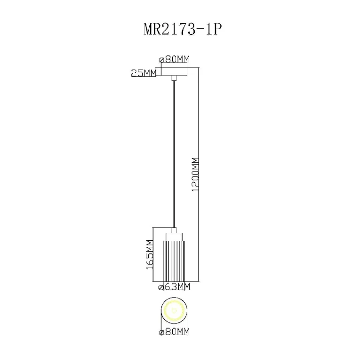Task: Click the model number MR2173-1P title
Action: (183, 30)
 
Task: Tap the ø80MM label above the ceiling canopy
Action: (175, 60)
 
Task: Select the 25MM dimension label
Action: (144, 73)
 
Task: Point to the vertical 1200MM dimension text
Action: (195, 175)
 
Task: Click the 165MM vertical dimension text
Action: (149, 254)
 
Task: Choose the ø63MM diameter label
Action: (175, 286)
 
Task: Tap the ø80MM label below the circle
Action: (175, 332)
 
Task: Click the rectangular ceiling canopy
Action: (174, 71)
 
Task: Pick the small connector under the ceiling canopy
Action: (174, 78)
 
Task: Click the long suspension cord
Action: (174, 154)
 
